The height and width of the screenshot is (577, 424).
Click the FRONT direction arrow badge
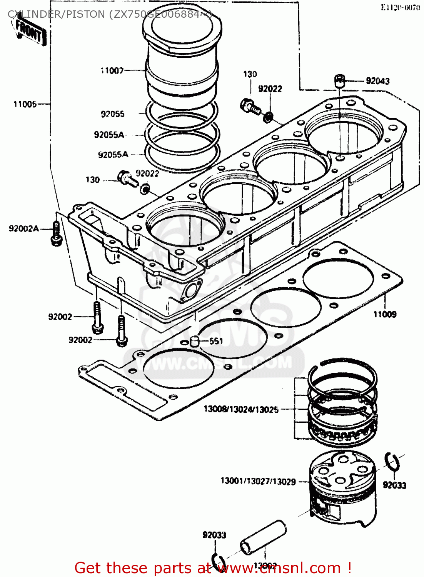click(x=30, y=32)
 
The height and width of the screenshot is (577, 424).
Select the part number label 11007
click(x=112, y=70)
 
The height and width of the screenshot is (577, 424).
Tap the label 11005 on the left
click(x=25, y=104)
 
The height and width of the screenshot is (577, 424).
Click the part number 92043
click(x=377, y=81)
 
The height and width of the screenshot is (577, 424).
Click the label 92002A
click(x=24, y=229)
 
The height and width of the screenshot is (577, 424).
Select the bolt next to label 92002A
click(x=56, y=234)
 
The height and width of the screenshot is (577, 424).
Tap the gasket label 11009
click(x=385, y=314)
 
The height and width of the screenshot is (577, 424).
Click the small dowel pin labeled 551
click(x=195, y=341)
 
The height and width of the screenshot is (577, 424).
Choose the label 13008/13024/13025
click(x=241, y=409)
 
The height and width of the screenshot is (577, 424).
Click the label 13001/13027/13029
click(x=258, y=481)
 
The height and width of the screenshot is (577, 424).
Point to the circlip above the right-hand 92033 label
click(x=393, y=462)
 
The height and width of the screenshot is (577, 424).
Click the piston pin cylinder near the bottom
click(x=264, y=537)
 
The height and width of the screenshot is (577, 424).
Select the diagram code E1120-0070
click(x=400, y=7)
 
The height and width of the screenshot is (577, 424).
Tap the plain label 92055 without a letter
click(x=113, y=114)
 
